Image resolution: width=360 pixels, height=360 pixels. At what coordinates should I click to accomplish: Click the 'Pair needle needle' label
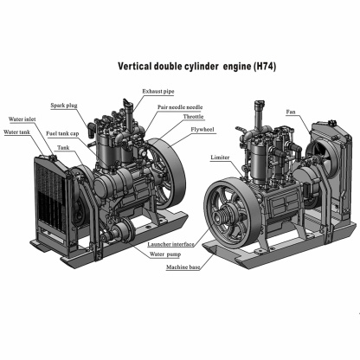(x=180, y=107)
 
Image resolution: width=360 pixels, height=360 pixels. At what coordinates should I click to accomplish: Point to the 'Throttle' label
(x=193, y=118)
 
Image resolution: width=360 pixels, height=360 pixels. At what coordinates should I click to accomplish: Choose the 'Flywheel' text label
(x=205, y=129)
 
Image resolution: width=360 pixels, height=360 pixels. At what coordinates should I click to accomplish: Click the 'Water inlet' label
(x=22, y=119)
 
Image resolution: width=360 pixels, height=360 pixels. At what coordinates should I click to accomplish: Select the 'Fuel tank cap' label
(x=62, y=133)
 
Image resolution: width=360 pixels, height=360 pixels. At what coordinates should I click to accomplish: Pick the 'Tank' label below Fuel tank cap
(x=64, y=148)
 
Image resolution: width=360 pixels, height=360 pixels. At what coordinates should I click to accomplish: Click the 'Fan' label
(x=292, y=112)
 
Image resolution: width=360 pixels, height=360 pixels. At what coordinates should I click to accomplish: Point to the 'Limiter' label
(x=220, y=158)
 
